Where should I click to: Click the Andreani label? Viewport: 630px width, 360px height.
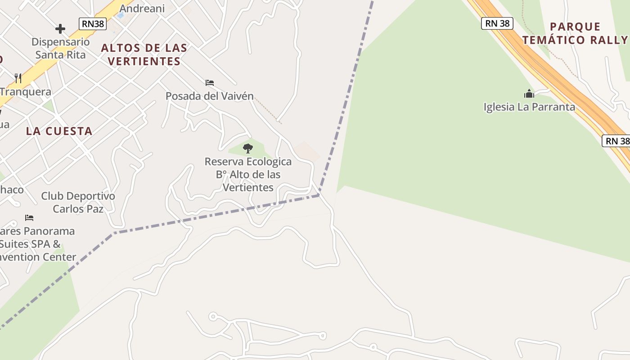[142, 9]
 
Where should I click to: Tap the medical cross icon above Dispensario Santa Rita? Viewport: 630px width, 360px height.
[60, 29]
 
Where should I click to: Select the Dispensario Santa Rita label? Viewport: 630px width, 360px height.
[61, 48]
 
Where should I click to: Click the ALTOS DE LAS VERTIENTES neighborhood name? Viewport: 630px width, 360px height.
[144, 54]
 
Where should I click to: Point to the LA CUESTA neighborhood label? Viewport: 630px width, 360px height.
[59, 131]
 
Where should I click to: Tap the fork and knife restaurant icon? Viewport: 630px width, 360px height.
[18, 78]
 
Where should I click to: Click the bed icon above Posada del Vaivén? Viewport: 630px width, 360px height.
[209, 83]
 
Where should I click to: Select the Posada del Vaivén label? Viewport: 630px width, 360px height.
[210, 96]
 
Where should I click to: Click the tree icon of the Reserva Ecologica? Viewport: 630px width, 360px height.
[247, 148]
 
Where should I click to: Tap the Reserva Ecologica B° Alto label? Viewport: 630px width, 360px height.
[248, 174]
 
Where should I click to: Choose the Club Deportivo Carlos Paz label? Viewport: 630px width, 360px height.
[78, 202]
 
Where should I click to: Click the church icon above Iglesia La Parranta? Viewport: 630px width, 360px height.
[529, 94]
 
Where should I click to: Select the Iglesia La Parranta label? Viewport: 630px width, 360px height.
[529, 107]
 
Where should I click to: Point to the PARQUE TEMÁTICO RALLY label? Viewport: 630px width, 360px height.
[575, 33]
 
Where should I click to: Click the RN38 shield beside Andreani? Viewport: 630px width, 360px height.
[93, 24]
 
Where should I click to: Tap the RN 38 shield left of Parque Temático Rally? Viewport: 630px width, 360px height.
[497, 23]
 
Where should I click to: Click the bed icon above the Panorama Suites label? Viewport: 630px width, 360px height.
[29, 218]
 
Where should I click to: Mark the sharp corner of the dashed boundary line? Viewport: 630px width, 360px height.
[319, 195]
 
